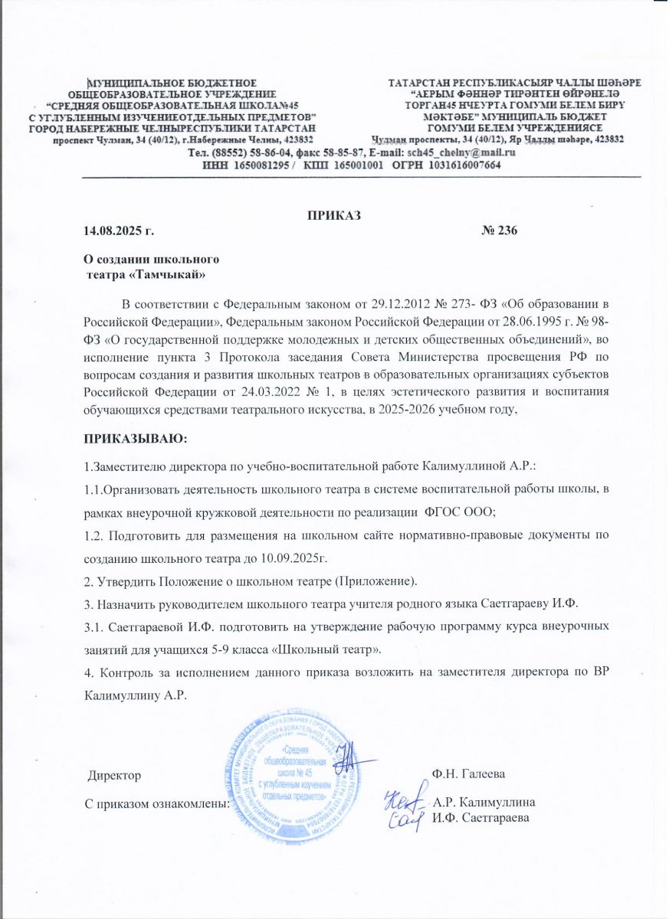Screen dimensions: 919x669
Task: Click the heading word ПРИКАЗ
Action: (x=334, y=214)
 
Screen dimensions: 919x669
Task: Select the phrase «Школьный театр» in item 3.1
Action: (x=338, y=649)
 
